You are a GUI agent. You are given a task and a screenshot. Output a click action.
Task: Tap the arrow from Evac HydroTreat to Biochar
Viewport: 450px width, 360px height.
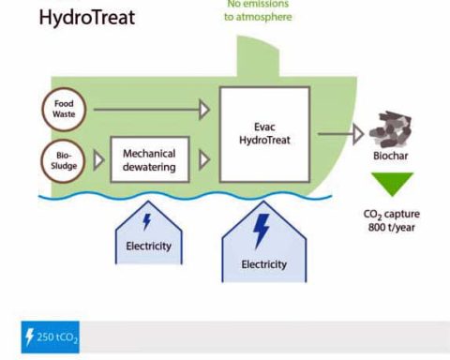pyautogui.click(x=339, y=133)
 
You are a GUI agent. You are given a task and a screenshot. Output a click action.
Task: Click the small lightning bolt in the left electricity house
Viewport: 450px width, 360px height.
pyautogui.click(x=145, y=223)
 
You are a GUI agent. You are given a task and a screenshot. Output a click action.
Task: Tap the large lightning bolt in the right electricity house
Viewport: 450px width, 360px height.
pyautogui.click(x=263, y=231)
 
